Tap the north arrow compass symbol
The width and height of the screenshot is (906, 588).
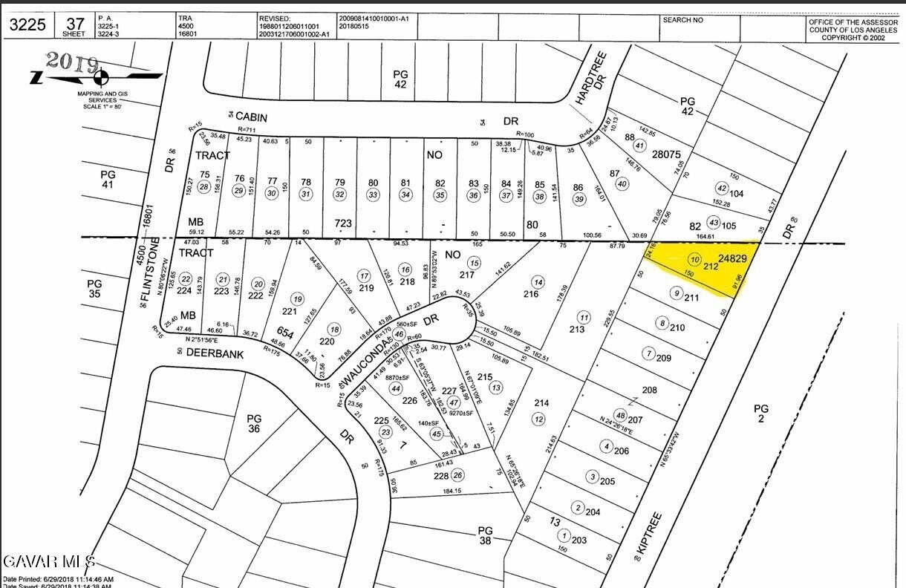(x=102, y=77)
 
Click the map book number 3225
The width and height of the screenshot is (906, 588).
(x=27, y=24)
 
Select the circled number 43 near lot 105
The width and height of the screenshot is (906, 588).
(x=714, y=223)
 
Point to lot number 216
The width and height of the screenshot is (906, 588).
(x=530, y=295)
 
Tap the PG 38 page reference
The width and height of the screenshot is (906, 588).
(x=486, y=536)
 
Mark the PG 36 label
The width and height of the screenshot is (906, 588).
(x=254, y=423)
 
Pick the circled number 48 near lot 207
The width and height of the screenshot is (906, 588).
(x=621, y=415)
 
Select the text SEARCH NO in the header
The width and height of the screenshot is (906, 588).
(x=682, y=20)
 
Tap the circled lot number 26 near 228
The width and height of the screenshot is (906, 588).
(x=457, y=475)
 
